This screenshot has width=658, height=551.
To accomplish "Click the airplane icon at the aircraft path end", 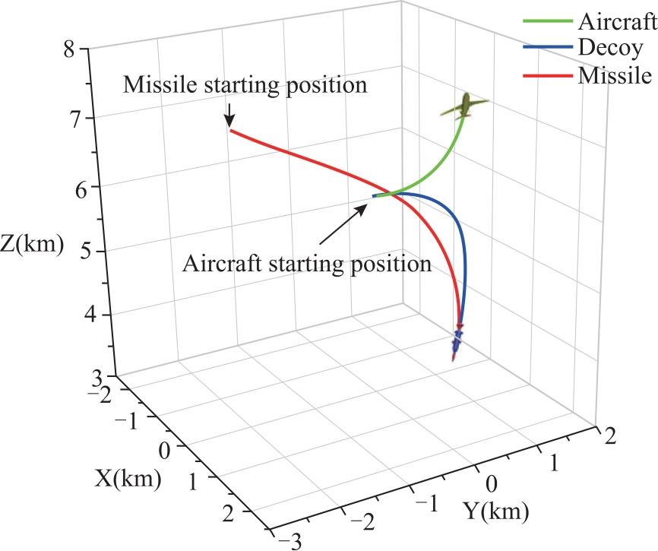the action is pyautogui.click(x=465, y=106).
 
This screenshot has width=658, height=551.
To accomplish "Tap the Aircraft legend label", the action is pyautogui.click(x=617, y=21).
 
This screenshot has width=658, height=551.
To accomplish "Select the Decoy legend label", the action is pyautogui.click(x=610, y=48).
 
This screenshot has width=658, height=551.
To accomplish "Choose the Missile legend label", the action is pyautogui.click(x=615, y=75).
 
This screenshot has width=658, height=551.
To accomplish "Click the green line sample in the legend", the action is pyautogui.click(x=548, y=21).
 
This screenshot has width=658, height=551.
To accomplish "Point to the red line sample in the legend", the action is pyautogui.click(x=548, y=75).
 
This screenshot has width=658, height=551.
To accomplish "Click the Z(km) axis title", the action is pyautogui.click(x=32, y=244).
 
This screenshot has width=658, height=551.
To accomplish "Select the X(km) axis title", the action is pyautogui.click(x=128, y=479).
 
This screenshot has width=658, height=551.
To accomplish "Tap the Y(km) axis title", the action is pyautogui.click(x=496, y=511).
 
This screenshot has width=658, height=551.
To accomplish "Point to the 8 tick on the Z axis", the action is pyautogui.click(x=69, y=50).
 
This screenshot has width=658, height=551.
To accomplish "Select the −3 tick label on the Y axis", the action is pyautogui.click(x=290, y=540).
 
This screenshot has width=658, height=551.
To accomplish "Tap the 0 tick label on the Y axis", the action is pyautogui.click(x=492, y=484).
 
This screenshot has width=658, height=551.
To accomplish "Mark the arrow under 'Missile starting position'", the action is pyautogui.click(x=229, y=115).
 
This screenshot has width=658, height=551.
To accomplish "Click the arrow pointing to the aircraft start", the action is pyautogui.click(x=343, y=224).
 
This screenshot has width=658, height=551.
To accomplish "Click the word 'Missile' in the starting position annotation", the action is pyautogui.click(x=160, y=85).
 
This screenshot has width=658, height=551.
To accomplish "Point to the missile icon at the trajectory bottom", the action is pyautogui.click(x=457, y=340).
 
